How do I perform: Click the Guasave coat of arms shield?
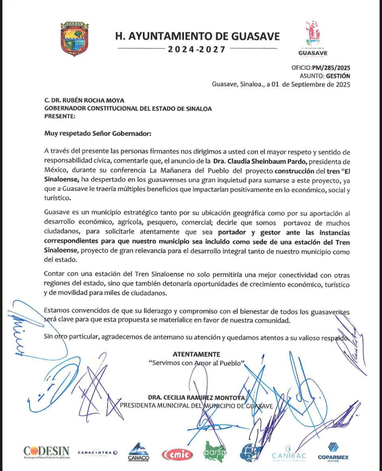pyautogui.click(x=74, y=39)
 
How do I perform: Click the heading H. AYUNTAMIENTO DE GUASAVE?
pyautogui.click(x=197, y=37)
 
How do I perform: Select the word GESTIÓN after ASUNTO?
pyautogui.click(x=338, y=76)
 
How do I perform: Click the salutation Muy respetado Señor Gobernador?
pyautogui.click(x=98, y=134)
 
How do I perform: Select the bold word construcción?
pyautogui.click(x=297, y=171)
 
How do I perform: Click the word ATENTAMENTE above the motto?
pyautogui.click(x=196, y=354)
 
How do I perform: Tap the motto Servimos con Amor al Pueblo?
pyautogui.click(x=196, y=363)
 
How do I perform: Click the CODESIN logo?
pyautogui.click(x=46, y=452)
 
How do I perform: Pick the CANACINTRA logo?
pyautogui.click(x=97, y=452)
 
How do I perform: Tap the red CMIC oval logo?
pyautogui.click(x=177, y=454)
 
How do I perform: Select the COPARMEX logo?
pyautogui.click(x=333, y=452)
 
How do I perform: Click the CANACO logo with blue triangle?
pyautogui.click(x=138, y=452)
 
